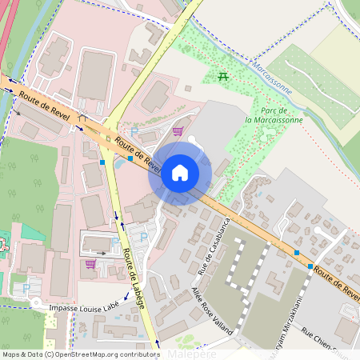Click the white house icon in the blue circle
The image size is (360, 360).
179,172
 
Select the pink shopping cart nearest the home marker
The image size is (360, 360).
177,131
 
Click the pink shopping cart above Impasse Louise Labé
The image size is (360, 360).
90,262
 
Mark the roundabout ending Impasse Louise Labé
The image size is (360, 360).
36,303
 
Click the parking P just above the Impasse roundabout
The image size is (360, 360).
26,287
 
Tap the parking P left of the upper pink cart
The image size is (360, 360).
134,131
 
